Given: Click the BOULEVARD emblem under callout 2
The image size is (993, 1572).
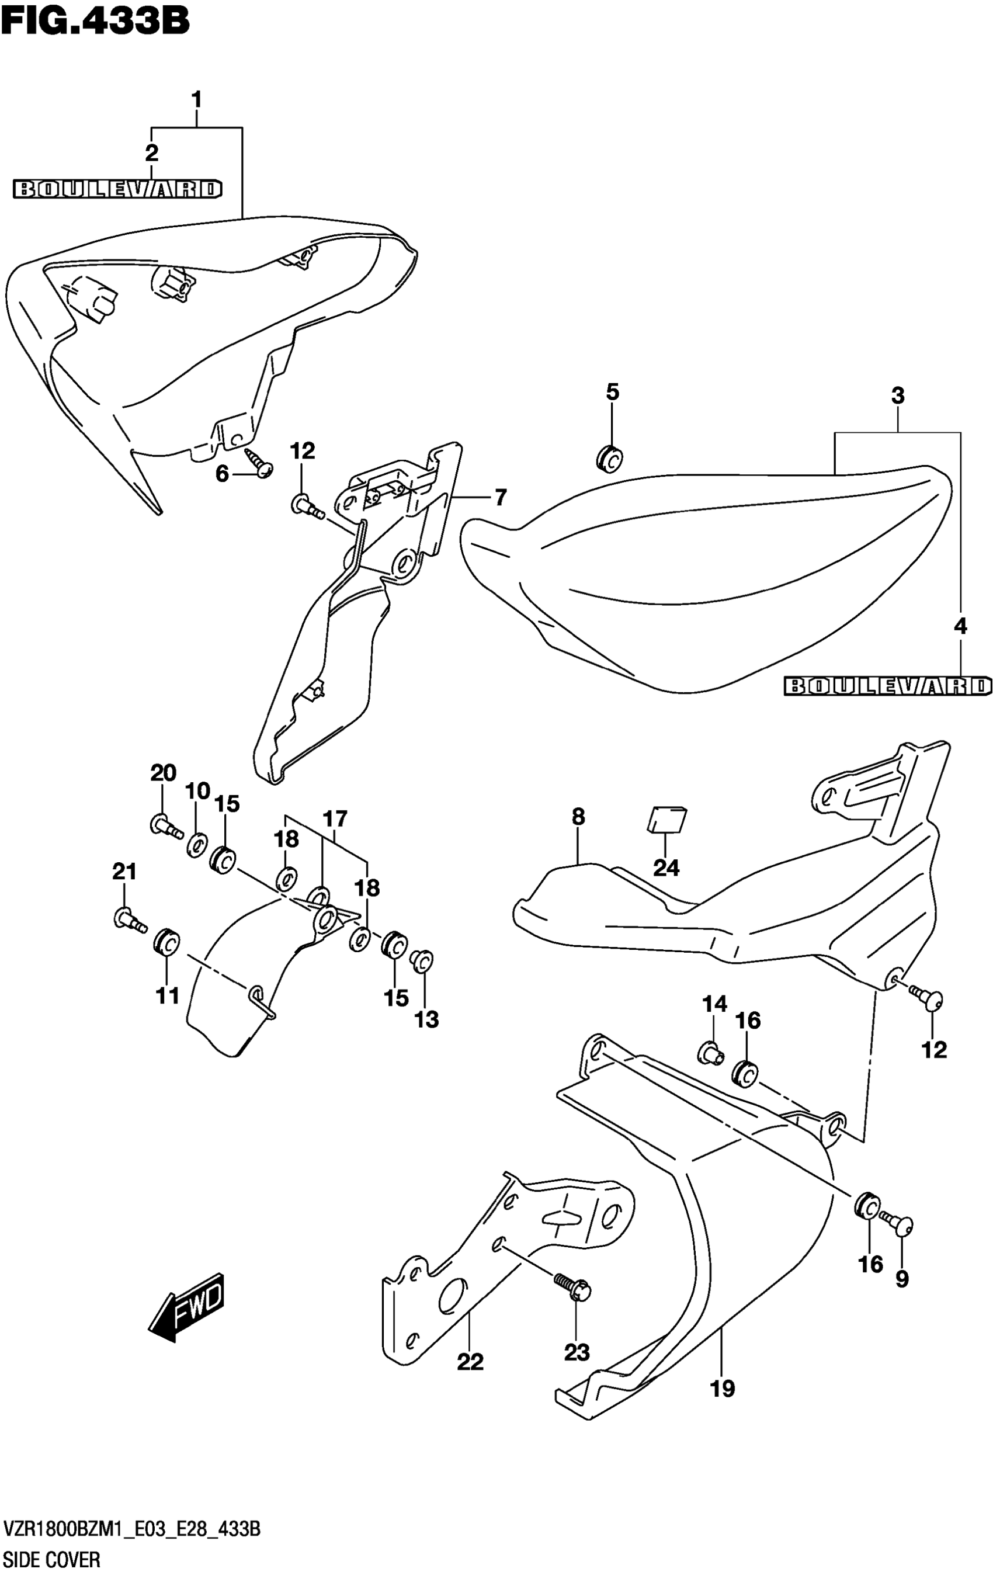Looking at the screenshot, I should click(x=118, y=189).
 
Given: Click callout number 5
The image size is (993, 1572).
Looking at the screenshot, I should click(x=612, y=393).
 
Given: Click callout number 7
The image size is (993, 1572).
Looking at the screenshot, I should click(x=500, y=498).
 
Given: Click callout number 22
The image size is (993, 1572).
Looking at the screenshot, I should click(x=470, y=1362).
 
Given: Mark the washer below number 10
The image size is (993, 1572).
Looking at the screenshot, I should click(x=196, y=845).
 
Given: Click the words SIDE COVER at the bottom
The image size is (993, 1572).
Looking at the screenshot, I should click(x=52, y=1557).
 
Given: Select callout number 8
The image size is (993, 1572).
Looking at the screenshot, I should click(x=578, y=817).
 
